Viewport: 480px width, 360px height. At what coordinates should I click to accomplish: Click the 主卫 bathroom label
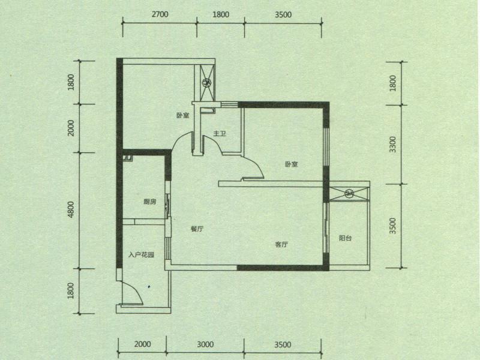[220, 133]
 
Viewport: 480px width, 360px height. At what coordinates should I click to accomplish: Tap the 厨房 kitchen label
[149, 202]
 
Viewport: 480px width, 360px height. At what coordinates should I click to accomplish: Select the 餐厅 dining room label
[197, 229]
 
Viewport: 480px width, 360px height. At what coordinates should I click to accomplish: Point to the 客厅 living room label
[281, 244]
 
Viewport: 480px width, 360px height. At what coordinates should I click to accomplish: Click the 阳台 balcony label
[346, 238]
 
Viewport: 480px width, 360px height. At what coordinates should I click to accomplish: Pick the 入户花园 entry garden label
[141, 254]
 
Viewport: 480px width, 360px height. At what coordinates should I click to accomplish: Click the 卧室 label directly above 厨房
[183, 115]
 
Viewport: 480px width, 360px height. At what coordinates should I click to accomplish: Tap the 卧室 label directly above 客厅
[292, 164]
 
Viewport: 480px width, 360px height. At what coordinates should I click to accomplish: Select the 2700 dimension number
[160, 14]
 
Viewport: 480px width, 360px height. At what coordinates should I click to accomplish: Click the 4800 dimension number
[71, 209]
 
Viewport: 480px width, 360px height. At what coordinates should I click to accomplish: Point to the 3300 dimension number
[392, 145]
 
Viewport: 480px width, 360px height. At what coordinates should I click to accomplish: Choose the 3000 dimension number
[205, 344]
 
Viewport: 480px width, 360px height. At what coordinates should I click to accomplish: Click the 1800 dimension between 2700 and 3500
[221, 14]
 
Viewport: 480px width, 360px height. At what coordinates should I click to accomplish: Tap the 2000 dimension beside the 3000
[143, 344]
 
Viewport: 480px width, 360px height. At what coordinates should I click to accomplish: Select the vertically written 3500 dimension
[392, 226]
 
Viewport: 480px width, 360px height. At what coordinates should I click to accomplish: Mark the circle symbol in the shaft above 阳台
[349, 193]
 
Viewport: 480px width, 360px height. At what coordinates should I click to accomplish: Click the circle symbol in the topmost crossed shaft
[206, 82]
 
